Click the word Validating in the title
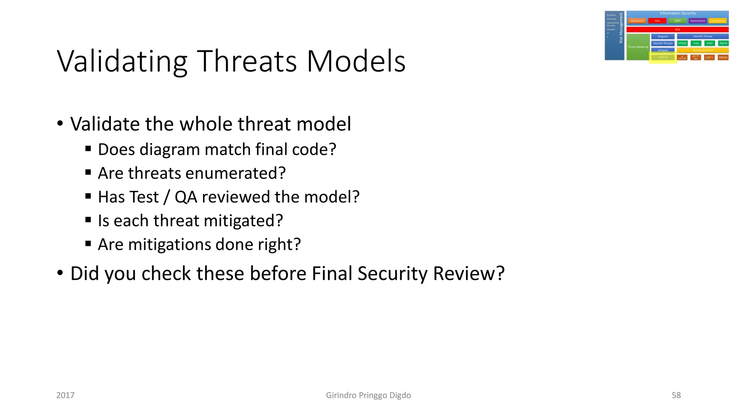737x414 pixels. pyautogui.click(x=122, y=61)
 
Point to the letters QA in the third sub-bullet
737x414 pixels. pyautogui.click(x=186, y=197)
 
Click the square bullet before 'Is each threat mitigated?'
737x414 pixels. pyautogui.click(x=88, y=219)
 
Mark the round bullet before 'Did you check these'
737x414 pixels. pyautogui.click(x=60, y=273)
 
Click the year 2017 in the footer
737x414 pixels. pyautogui.click(x=65, y=395)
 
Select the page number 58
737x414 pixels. pyautogui.click(x=676, y=395)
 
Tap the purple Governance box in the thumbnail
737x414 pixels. pyautogui.click(x=697, y=21)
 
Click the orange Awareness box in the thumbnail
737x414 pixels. pyautogui.click(x=637, y=21)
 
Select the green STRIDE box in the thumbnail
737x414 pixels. pyautogui.click(x=682, y=43)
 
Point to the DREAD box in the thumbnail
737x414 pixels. pyautogui.click(x=723, y=57)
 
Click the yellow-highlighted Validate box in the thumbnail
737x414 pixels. pyautogui.click(x=663, y=57)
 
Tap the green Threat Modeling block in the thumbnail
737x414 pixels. pyautogui.click(x=638, y=47)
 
